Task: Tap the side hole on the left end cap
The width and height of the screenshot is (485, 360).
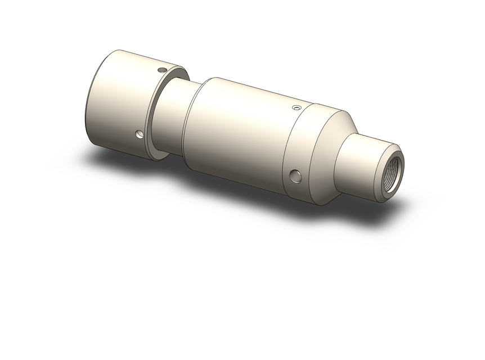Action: coord(139,134)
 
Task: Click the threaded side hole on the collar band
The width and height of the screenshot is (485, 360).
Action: coord(294,176)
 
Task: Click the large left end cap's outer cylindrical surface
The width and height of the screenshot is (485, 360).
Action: coord(118,101)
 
